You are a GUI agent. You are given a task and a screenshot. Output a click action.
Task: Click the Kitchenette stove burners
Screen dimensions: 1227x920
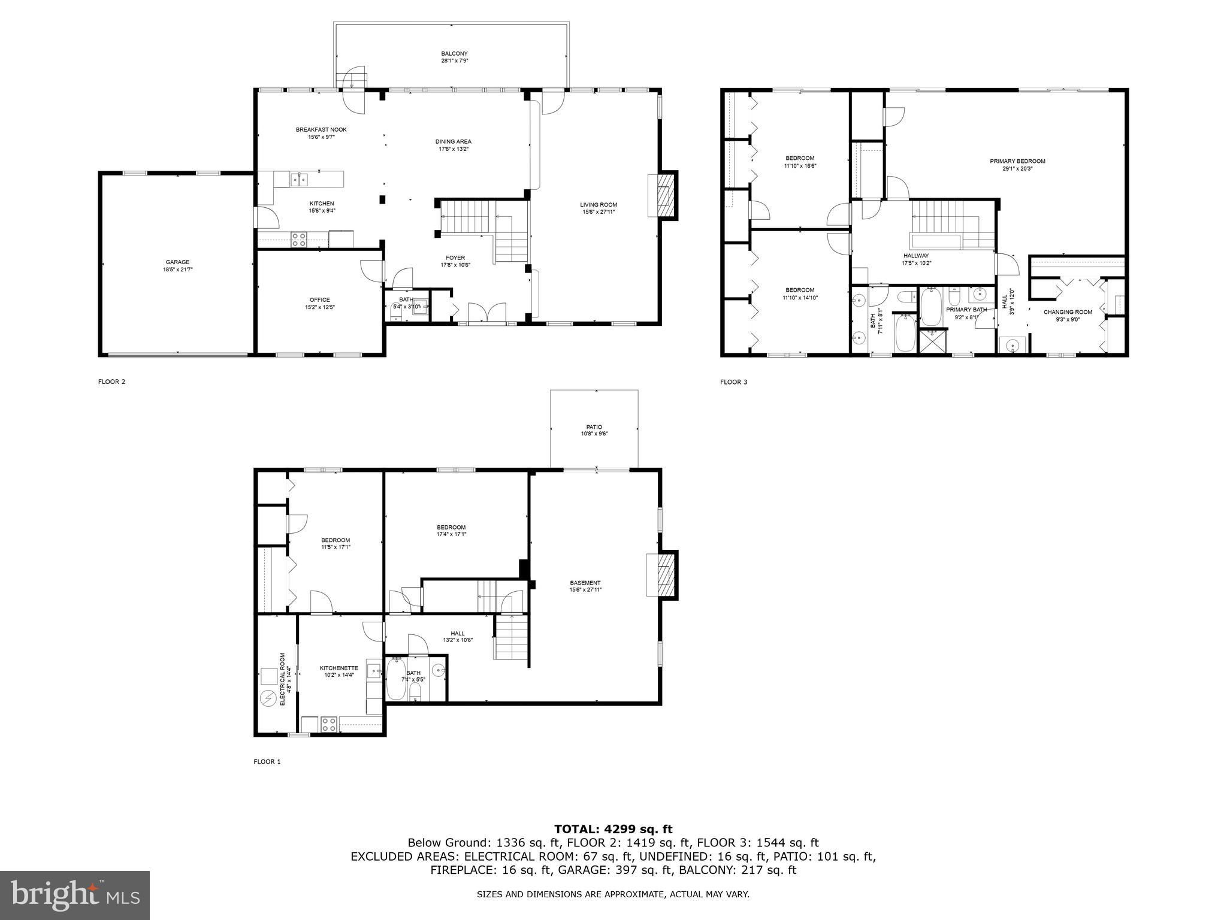329,724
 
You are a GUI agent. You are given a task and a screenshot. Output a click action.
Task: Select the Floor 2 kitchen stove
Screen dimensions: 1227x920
299,240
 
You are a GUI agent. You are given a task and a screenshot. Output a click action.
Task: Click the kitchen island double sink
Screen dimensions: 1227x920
300,178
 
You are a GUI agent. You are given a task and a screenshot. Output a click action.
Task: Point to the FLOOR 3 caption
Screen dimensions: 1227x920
734,382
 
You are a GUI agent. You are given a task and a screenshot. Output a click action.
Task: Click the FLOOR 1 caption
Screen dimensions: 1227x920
267,761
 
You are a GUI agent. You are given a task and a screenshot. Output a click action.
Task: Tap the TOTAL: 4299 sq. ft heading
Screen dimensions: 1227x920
613,829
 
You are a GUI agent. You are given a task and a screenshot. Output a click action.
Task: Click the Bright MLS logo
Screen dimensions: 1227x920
75,895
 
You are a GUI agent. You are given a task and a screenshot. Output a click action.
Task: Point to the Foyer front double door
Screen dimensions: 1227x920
486,313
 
